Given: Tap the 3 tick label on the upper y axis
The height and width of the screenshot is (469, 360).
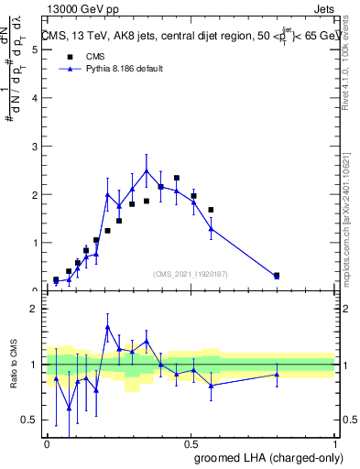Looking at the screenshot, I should tap(35, 147).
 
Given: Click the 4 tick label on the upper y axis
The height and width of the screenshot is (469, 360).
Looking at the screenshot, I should tap(35, 98).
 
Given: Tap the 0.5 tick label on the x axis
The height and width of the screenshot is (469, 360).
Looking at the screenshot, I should tap(191, 442).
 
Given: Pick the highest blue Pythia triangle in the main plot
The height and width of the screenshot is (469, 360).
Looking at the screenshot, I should tap(147, 170).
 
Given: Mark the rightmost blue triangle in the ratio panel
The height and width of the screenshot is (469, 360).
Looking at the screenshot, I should tap(277, 374).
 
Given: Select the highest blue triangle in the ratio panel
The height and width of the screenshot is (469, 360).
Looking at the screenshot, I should tap(108, 326).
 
